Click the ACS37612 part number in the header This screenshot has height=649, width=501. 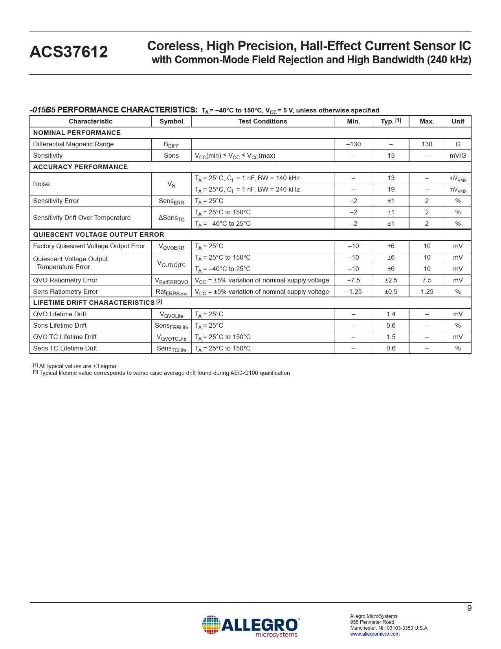point(69,52)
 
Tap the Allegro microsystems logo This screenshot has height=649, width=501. point(250,626)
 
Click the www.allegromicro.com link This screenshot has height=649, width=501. point(374,634)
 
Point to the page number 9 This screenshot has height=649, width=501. point(469,608)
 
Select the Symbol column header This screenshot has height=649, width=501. point(171,122)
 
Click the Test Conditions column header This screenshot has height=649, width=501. point(262,122)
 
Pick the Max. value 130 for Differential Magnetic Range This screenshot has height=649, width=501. point(427,144)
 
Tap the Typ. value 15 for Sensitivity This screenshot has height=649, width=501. point(391,156)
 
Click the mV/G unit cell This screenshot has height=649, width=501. point(458,156)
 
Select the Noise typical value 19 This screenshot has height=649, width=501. point(391,190)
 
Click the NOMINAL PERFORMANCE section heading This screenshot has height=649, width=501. point(77,133)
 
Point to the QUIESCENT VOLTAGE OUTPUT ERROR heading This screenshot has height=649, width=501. point(99,235)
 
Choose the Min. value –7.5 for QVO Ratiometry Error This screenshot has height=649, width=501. point(353,280)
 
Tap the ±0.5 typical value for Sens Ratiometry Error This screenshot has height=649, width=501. point(391,292)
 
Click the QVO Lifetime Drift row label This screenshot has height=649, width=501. point(60,314)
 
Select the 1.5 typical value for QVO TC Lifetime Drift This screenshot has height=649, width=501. point(391,337)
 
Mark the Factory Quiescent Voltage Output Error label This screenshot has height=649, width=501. point(89,246)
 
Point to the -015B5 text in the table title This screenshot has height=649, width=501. point(43,110)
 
